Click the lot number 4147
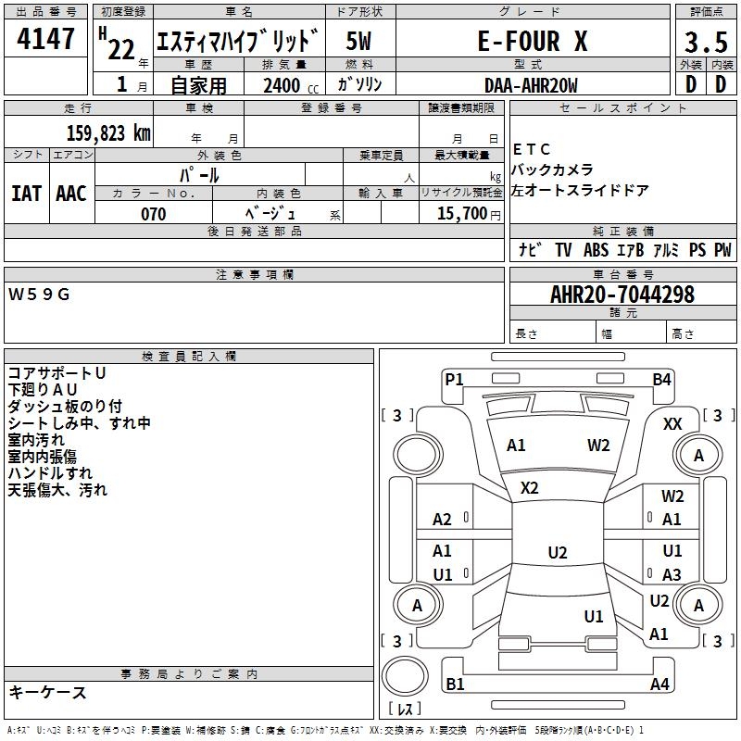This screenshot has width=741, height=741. point(45,40)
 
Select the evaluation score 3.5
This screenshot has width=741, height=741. point(706,43)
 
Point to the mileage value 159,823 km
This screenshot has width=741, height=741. point(108,132)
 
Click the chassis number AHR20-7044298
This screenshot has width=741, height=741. point(622,295)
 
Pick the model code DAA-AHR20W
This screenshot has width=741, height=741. point(531,85)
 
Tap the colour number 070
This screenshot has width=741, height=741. point(153,214)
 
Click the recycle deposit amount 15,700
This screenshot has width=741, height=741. point(460,214)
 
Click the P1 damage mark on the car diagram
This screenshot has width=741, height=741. point(454,378)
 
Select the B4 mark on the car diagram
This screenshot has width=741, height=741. point(661,378)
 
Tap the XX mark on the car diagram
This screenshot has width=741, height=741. point(672,423)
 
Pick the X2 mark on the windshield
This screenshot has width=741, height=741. point(530,487)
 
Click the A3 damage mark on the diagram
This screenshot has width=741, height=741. point(672,574)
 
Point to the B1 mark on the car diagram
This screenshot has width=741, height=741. point(455,684)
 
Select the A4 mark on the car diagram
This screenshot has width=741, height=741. point(659,684)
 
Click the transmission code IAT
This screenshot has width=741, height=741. point(26,194)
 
